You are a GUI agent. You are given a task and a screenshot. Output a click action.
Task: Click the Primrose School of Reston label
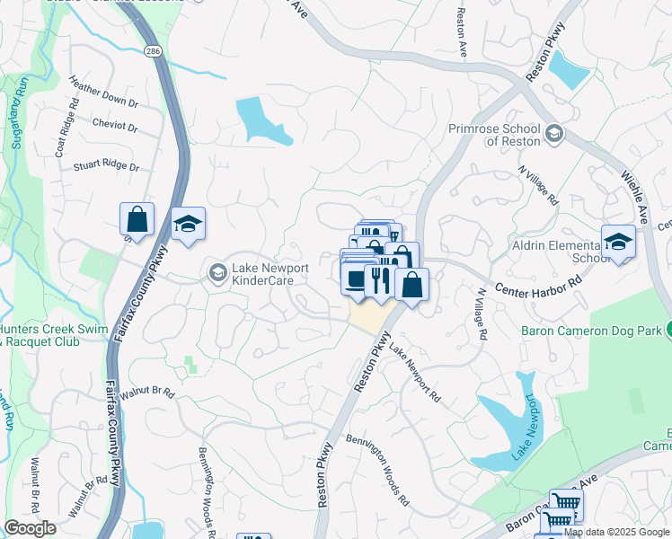coord(495,135)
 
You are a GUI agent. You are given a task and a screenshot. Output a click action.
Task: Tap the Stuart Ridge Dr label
coord(106,167)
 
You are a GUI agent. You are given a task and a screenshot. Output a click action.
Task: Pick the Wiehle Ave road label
coord(632,199)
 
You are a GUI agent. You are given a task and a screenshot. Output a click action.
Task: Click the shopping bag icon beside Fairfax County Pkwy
coord(137,219)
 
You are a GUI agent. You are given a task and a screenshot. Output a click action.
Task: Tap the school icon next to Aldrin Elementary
coord(618,241)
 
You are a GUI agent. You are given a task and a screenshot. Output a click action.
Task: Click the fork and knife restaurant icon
coord(380,280)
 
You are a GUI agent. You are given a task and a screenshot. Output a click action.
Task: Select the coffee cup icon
coord(357,278)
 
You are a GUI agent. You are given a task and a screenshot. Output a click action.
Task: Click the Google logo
coord(31,528)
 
